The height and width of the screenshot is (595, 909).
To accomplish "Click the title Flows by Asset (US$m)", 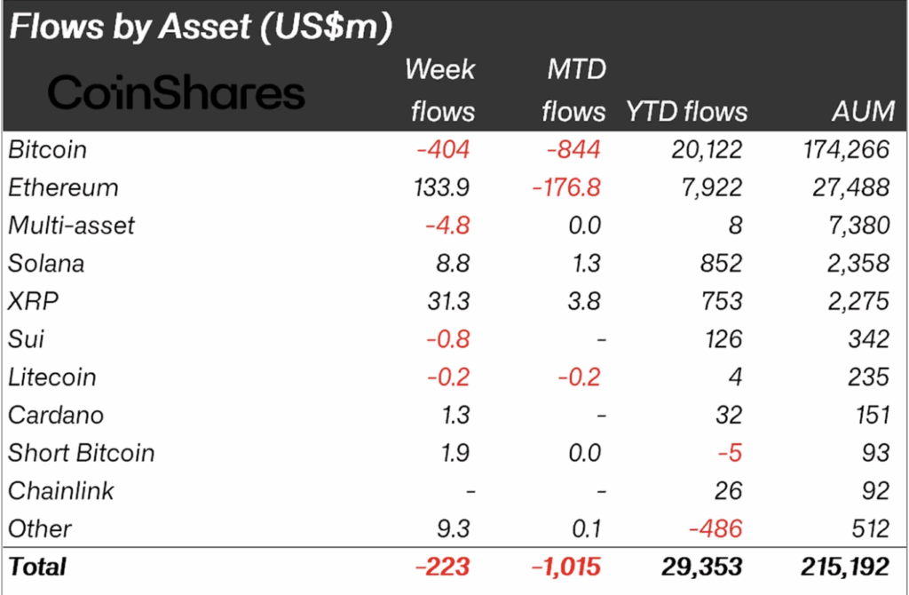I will [x=201, y=28].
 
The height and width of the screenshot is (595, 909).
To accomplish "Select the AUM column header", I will [x=864, y=111].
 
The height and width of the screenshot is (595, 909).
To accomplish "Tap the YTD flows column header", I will [x=687, y=111].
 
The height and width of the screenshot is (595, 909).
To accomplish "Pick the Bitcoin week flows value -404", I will [x=443, y=149].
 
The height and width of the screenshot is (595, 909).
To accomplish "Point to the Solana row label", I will [x=46, y=264].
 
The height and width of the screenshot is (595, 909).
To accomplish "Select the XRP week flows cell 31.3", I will [x=448, y=301].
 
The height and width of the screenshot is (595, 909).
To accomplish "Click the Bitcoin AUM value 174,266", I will [x=844, y=149].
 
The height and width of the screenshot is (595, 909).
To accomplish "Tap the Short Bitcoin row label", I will [x=82, y=453].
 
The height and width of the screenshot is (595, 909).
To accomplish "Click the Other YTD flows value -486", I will [x=715, y=528].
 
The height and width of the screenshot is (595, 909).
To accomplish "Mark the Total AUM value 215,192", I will [x=843, y=566].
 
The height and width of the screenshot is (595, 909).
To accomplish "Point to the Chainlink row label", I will [x=61, y=490].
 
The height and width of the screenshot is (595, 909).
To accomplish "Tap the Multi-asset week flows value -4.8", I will [x=450, y=226].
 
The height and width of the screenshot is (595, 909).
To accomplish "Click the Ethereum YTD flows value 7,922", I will [x=707, y=187].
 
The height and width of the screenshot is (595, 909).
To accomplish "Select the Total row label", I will [x=37, y=566].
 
